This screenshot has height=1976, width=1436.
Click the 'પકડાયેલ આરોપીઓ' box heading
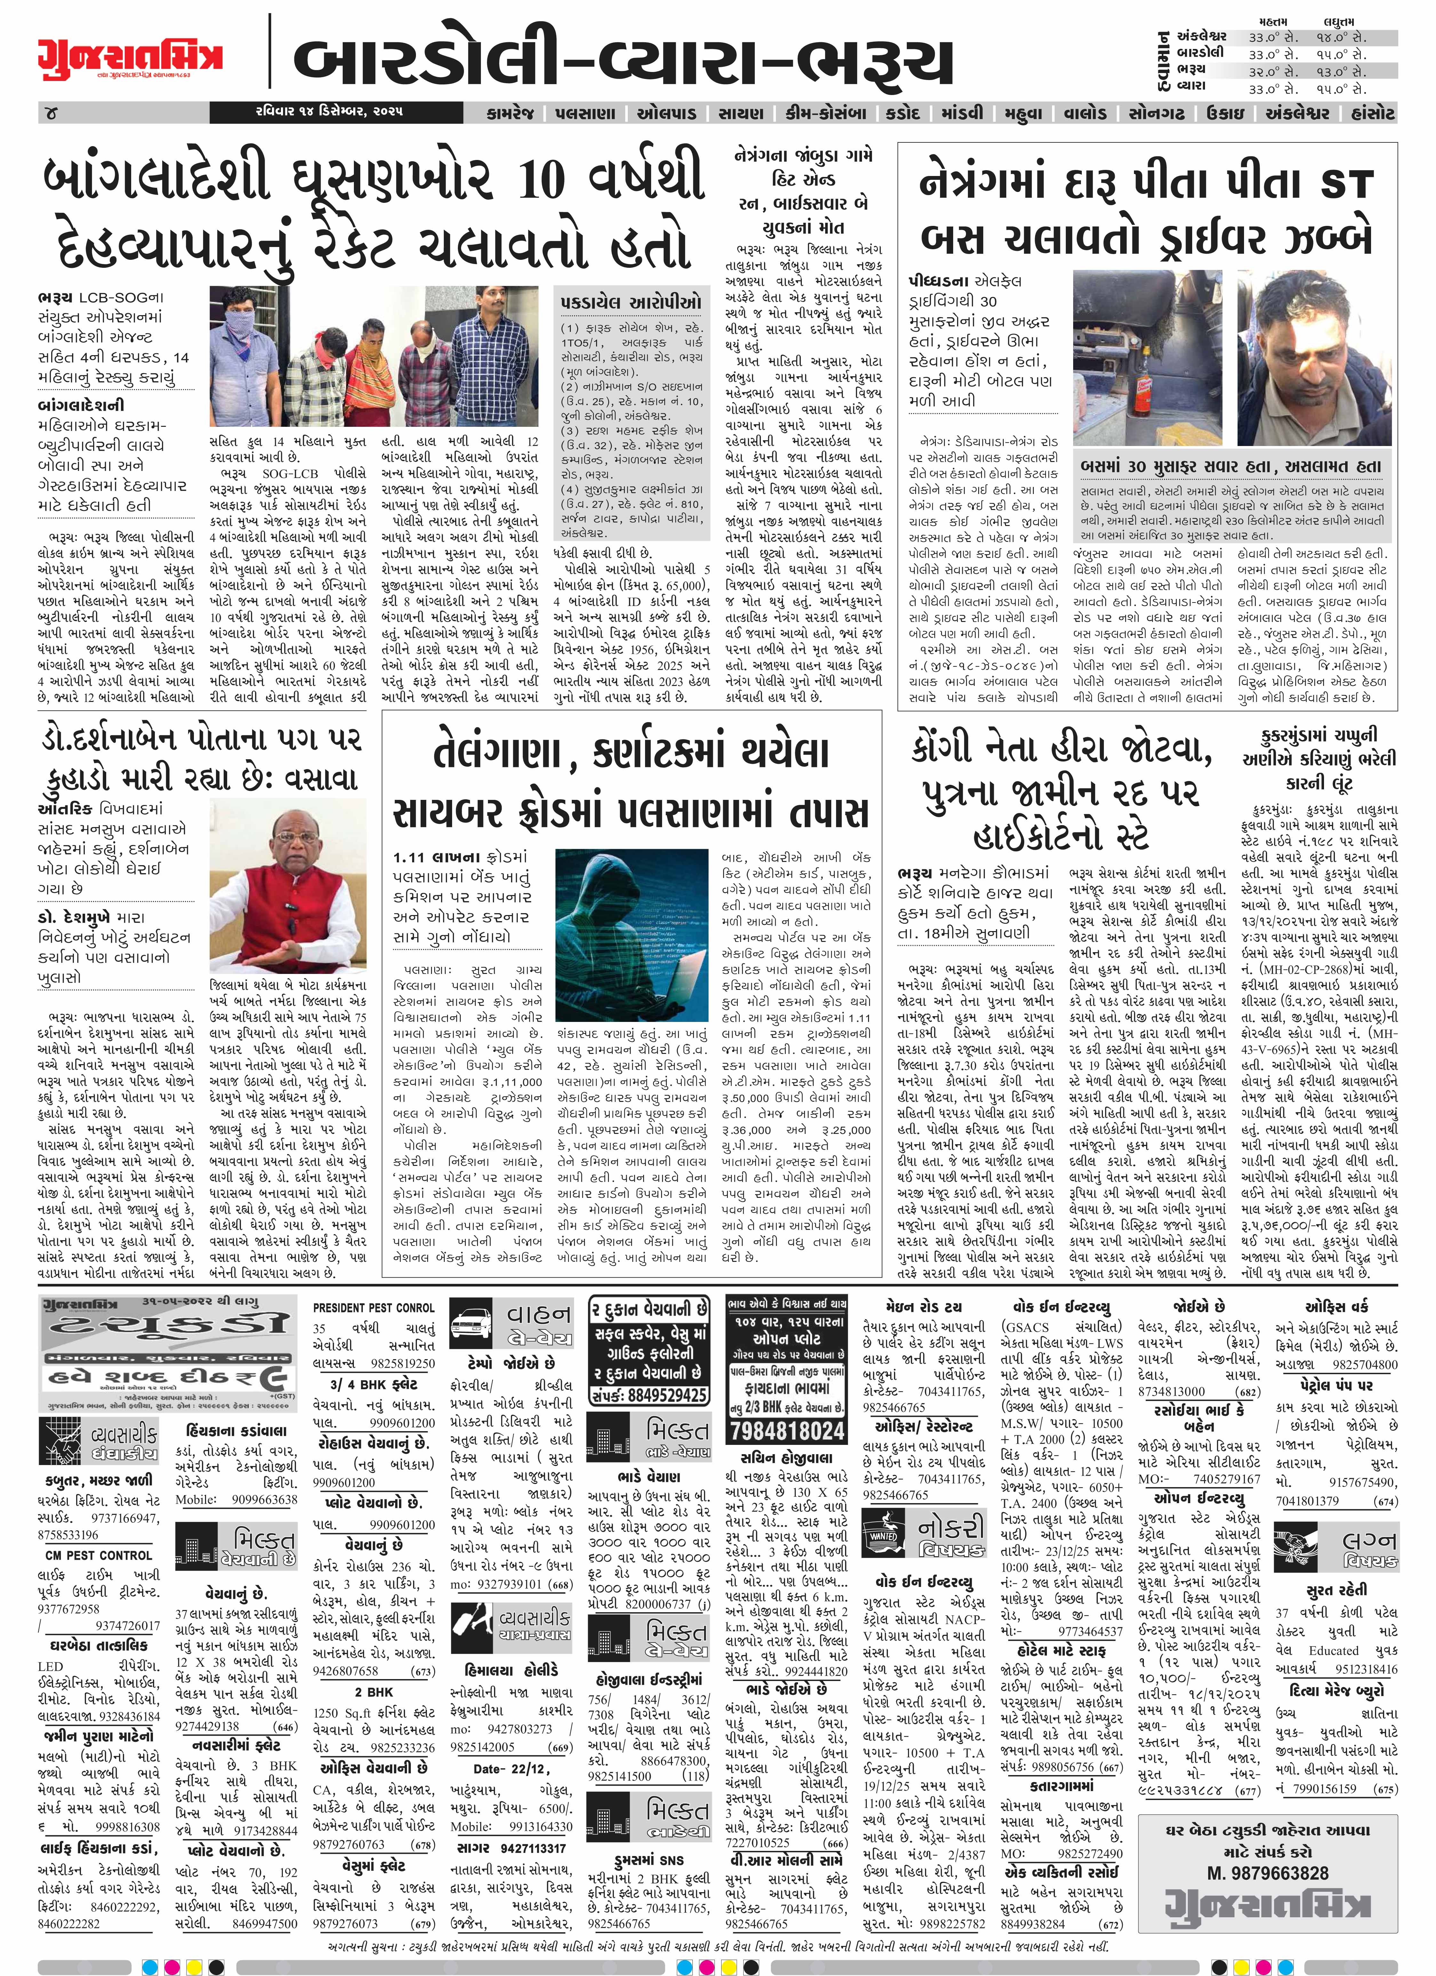pyautogui.click(x=631, y=302)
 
